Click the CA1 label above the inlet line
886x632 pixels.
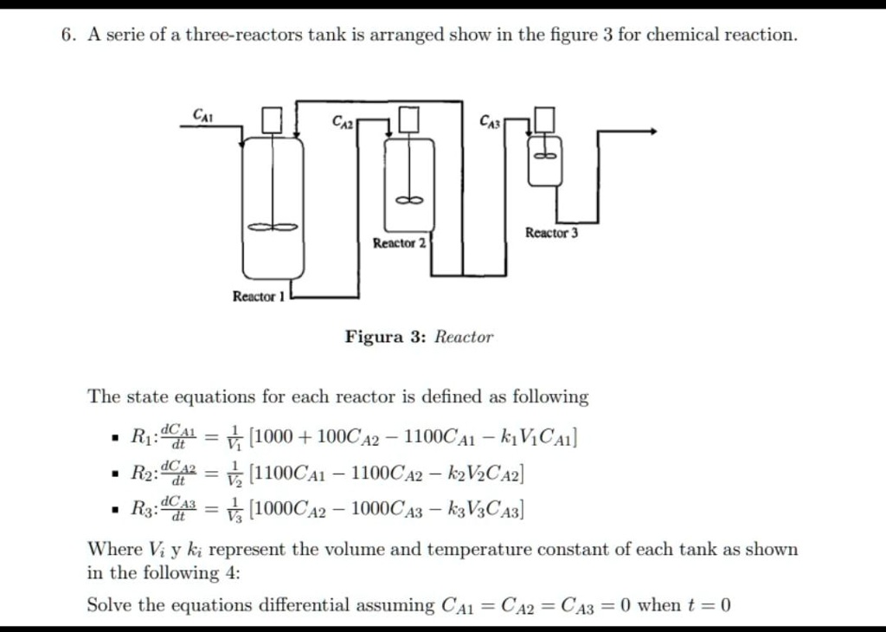tap(203, 114)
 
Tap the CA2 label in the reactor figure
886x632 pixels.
tap(343, 124)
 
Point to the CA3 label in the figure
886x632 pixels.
tap(490, 123)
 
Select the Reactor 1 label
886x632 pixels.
tap(258, 297)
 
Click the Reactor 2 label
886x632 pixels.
tap(399, 243)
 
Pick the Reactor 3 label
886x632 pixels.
tap(551, 233)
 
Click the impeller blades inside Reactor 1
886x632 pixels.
tap(273, 227)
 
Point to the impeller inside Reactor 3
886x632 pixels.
tap(545, 156)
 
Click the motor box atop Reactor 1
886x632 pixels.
tap(273, 119)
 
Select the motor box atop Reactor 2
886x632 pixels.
tap(409, 118)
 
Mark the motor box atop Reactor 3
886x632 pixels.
tap(545, 116)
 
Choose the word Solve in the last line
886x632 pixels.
tap(110, 604)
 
